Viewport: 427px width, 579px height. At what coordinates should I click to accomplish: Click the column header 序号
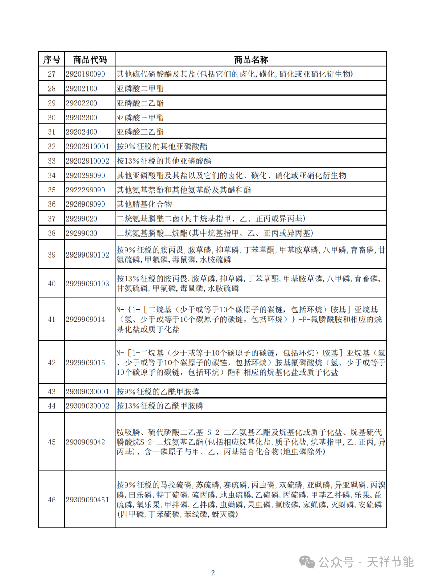51,60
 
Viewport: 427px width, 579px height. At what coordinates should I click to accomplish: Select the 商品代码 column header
90,60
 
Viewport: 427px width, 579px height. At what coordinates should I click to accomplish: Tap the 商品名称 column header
251,60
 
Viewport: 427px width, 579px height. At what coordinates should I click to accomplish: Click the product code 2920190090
85,74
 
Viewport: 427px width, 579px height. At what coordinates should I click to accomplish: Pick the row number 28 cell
51,88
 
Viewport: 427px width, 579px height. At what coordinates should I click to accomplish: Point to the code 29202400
81,132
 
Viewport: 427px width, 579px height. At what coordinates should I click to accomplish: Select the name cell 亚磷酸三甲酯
140,118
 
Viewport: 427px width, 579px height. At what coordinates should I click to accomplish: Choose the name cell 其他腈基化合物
144,204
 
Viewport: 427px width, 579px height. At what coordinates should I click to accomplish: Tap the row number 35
51,190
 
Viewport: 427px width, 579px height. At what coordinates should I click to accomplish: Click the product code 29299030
81,233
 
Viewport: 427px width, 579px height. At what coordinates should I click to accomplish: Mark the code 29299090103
87,283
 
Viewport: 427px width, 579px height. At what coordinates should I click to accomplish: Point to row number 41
51,319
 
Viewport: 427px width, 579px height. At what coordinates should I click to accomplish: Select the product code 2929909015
85,363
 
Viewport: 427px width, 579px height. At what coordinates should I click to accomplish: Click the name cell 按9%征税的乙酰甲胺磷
158,391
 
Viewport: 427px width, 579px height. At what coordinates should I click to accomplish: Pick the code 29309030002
87,406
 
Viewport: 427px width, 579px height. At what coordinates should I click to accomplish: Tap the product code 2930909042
85,442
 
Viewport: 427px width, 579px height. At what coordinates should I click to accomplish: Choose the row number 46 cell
51,500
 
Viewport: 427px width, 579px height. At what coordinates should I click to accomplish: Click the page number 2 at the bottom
213,573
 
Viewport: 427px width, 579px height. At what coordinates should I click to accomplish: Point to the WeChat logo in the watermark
307,562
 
